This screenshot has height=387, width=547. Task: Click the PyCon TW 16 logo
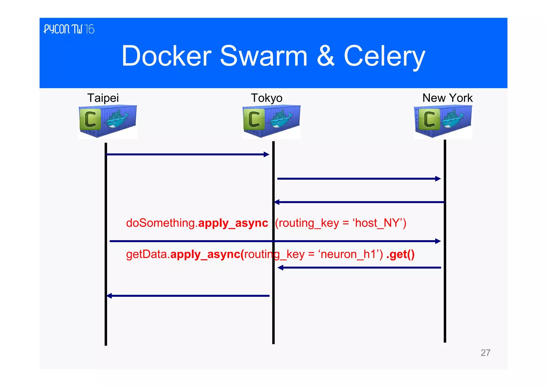pos(69,29)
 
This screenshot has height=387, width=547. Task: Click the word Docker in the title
pos(166,56)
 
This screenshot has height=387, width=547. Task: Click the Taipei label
pos(103,98)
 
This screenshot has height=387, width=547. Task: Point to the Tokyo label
pos(267,98)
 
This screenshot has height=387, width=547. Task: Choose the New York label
pos(447,98)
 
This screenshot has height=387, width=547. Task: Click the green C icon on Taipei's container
pos(90,119)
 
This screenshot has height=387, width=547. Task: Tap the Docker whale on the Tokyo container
pos(281,120)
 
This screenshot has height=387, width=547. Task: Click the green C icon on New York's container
pos(429,119)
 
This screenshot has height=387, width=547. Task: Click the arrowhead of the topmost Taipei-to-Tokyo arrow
pos(267,154)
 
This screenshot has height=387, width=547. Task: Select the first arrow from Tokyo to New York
pos(358,179)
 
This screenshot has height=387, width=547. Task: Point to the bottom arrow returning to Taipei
pos(188,296)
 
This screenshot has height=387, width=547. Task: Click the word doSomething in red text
pos(161,223)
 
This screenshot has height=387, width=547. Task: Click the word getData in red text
pos(147,254)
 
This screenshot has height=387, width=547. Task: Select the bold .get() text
pos(400,254)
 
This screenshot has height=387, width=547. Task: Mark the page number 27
pos(485,353)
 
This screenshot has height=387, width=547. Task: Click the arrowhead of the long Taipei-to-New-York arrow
pos(438,241)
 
